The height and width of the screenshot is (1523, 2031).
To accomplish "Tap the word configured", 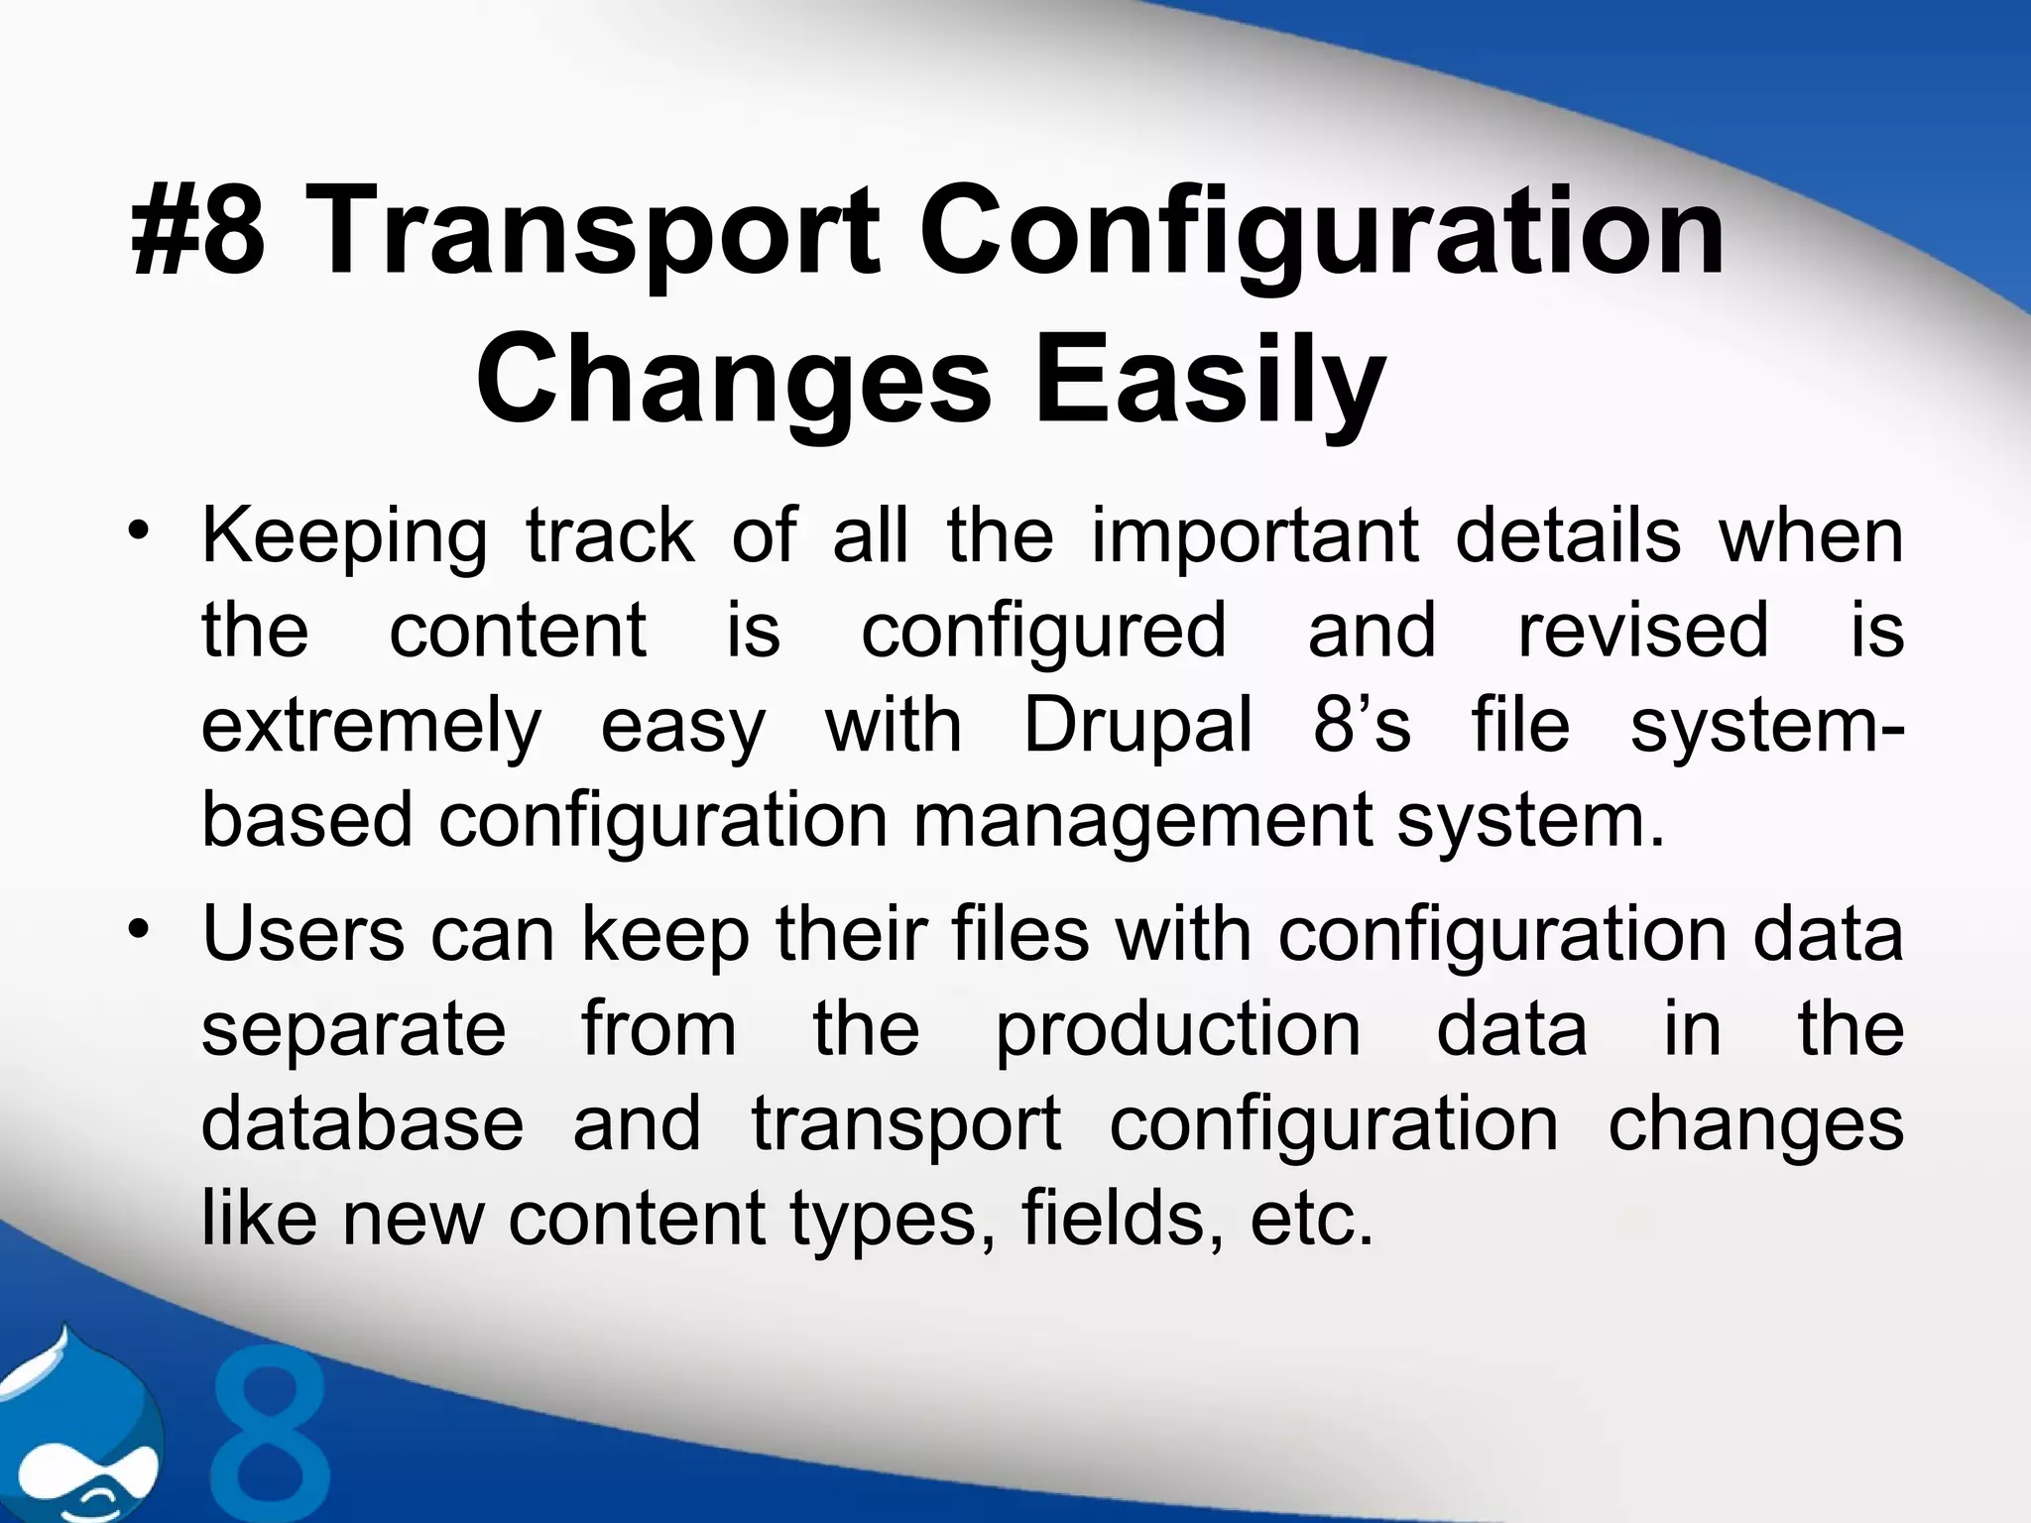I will pos(1043,632).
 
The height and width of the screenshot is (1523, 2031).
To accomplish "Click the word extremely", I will pos(372,727).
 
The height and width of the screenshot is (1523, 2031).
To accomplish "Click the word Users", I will pos(303,935).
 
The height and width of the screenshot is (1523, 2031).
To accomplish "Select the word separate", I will pos(354,1030).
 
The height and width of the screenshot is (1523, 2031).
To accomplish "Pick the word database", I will pos(362,1124).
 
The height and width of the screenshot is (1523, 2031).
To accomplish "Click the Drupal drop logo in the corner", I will pos(74,1428).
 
